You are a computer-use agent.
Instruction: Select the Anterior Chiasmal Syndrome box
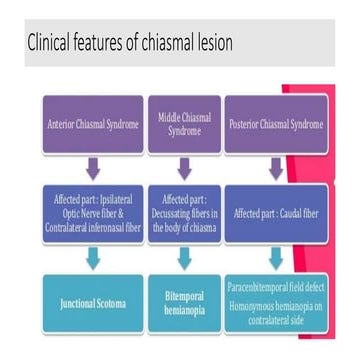click(92, 125)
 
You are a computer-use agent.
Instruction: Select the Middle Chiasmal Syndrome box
click(184, 125)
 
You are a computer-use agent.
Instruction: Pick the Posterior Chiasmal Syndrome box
click(275, 125)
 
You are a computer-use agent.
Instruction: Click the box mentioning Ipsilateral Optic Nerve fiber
click(92, 211)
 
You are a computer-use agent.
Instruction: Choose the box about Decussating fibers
click(184, 211)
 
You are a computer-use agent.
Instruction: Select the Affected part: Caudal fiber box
click(275, 212)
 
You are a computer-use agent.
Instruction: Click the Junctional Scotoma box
click(92, 302)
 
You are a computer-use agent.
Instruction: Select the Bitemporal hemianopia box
click(184, 302)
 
